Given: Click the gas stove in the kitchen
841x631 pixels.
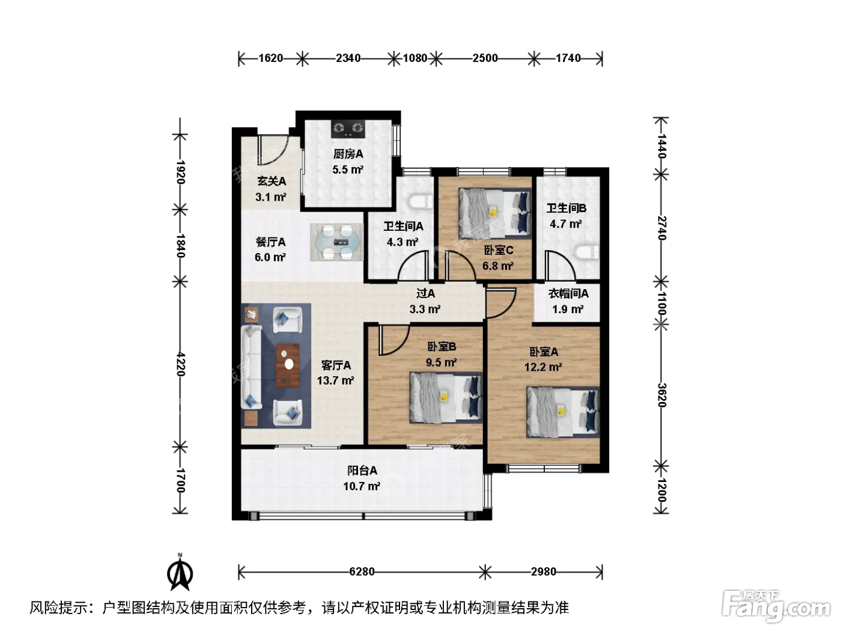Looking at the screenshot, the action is tap(347, 129).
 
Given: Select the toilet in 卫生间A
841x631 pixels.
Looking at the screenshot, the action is tap(421, 203).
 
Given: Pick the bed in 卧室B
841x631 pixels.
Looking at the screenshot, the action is tap(446, 398).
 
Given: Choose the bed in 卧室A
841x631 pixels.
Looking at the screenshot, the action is tap(562, 412).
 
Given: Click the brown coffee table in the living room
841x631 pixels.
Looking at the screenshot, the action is tap(288, 365).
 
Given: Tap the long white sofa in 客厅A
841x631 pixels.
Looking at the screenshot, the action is tap(251, 367).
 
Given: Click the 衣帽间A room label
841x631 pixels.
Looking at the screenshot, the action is tap(568, 294).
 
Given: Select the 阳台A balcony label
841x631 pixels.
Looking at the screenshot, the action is tap(362, 471).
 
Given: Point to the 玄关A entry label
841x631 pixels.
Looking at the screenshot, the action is tap(272, 181).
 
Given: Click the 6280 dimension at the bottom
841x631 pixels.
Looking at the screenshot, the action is tap(362, 572).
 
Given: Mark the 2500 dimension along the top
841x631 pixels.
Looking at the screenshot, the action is tap(485, 58).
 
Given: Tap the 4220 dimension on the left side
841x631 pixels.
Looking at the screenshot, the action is tap(180, 364).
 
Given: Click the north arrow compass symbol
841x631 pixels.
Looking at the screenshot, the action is tap(180, 572).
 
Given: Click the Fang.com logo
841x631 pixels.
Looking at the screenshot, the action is tap(776, 606).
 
